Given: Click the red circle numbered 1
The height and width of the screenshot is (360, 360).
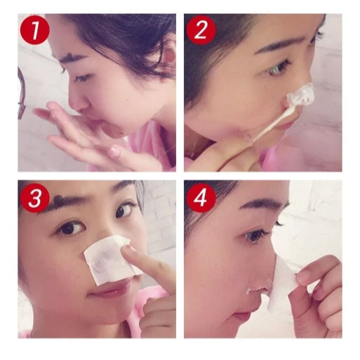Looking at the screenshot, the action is [35, 29].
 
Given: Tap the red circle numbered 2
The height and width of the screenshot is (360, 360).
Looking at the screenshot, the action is [201, 29].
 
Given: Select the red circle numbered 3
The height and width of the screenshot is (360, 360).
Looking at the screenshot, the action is [35, 198].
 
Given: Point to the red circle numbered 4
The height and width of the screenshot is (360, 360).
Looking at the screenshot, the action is [201, 198].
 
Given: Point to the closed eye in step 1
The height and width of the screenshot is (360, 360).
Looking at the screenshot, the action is [82, 78].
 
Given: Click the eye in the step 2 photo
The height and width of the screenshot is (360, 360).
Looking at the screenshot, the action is [278, 68].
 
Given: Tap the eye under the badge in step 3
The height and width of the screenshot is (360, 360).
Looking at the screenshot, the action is [71, 227].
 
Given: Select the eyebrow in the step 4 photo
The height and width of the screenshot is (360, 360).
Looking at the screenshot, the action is [265, 203].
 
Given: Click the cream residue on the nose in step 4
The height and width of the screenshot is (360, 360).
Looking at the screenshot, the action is [260, 285].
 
